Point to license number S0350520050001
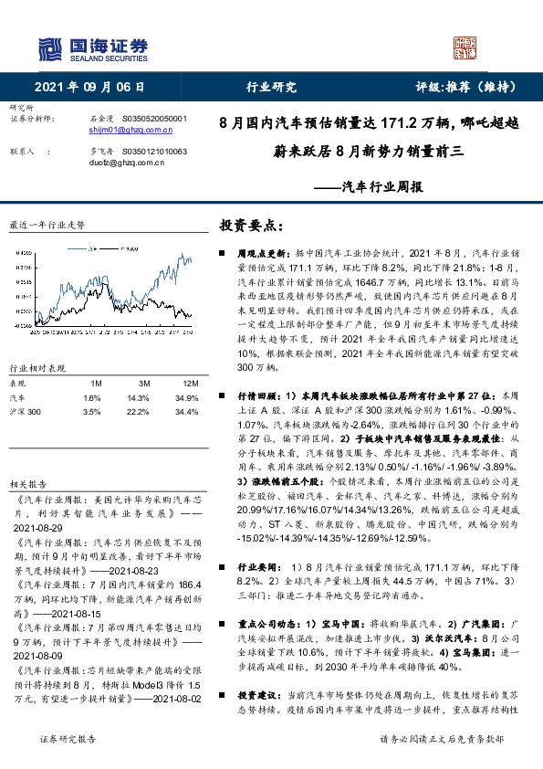pos(153,119)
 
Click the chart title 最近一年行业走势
pos(47,224)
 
